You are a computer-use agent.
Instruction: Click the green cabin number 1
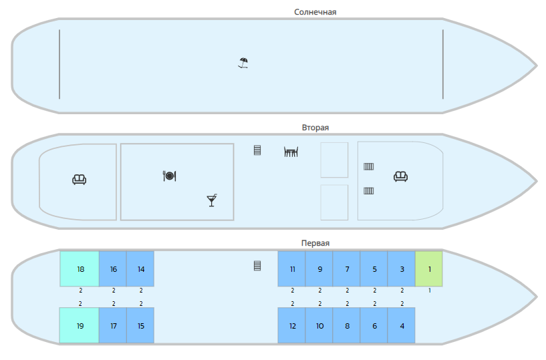point(429,268)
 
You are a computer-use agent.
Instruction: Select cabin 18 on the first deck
point(80,268)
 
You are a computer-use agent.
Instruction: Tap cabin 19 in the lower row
point(80,325)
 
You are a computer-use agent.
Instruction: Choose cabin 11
point(292,268)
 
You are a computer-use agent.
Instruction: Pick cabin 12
point(292,325)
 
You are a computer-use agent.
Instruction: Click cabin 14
point(140,268)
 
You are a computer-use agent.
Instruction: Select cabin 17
point(113,325)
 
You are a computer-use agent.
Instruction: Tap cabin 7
point(347,268)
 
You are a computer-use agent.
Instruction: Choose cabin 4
point(402,325)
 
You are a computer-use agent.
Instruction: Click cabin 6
point(374,325)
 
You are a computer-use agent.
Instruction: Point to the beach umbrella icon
point(243,63)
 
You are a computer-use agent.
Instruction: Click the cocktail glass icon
point(212,200)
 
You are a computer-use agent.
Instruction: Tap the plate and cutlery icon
point(169,176)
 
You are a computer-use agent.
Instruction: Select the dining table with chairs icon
point(291,152)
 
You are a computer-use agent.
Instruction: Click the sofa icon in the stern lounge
point(80,179)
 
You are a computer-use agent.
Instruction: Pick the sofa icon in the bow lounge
point(401,176)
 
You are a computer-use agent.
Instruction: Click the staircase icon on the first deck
point(257,265)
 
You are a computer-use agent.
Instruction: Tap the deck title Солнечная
point(315,11)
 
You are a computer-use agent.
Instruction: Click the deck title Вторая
point(315,127)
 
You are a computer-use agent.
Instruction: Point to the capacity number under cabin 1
point(429,290)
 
